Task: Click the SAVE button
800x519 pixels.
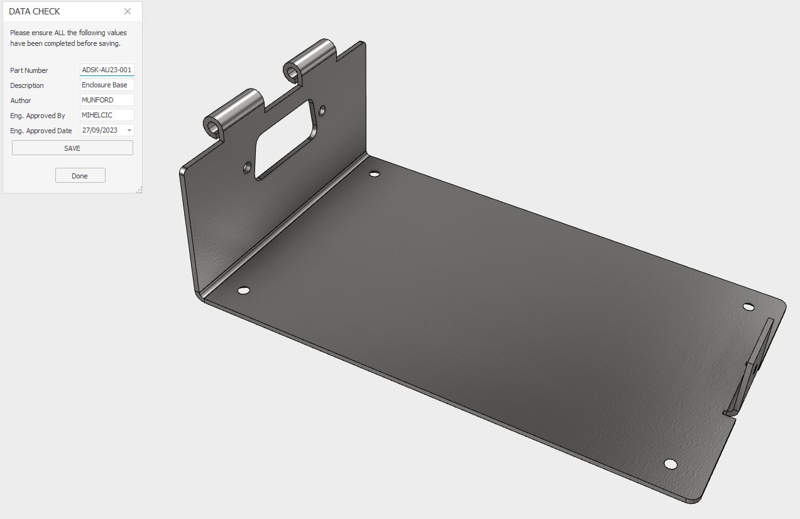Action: (x=72, y=148)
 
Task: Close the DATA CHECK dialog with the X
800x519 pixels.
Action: (x=128, y=11)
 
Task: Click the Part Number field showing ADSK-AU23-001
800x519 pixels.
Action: (x=107, y=70)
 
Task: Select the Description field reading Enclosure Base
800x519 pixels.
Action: (x=107, y=85)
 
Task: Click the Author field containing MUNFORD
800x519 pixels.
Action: (x=107, y=100)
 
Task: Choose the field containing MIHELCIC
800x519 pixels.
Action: (x=107, y=115)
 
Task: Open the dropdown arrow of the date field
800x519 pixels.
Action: (x=129, y=130)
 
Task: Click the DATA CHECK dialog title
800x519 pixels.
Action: (x=35, y=11)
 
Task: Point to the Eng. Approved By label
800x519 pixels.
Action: (x=38, y=116)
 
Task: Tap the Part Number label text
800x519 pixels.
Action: (x=29, y=70)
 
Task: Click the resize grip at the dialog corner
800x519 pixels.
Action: (x=139, y=190)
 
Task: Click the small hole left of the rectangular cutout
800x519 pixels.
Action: (x=248, y=167)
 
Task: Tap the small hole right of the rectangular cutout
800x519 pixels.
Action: (x=322, y=111)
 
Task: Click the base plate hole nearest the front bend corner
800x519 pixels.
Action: (x=243, y=290)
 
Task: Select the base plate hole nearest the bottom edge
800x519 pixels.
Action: (x=671, y=464)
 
